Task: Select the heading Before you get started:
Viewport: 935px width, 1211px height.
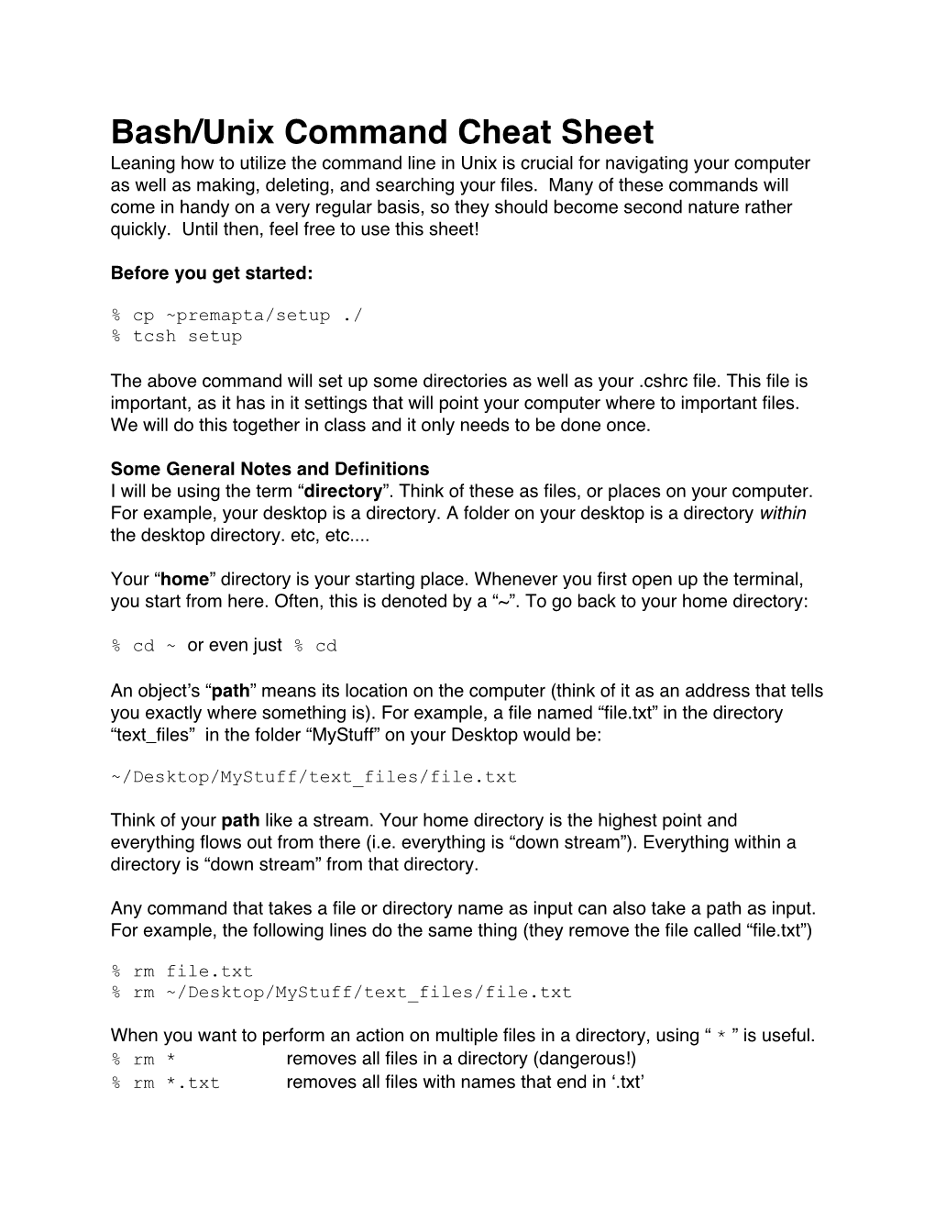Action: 212,272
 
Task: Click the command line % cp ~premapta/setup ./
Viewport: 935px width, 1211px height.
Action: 236,316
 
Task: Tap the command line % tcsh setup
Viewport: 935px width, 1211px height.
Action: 177,337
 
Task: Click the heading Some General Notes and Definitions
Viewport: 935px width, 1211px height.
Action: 269,470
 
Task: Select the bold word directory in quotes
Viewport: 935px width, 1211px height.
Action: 343,492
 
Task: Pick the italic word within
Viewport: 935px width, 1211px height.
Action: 783,514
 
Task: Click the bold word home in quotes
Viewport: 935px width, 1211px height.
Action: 185,580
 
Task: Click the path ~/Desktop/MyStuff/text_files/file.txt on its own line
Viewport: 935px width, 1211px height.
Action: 313,778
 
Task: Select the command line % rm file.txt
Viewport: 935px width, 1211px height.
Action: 181,972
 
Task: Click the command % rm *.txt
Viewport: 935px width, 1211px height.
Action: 166,1083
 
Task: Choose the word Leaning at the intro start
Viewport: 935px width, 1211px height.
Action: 141,163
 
